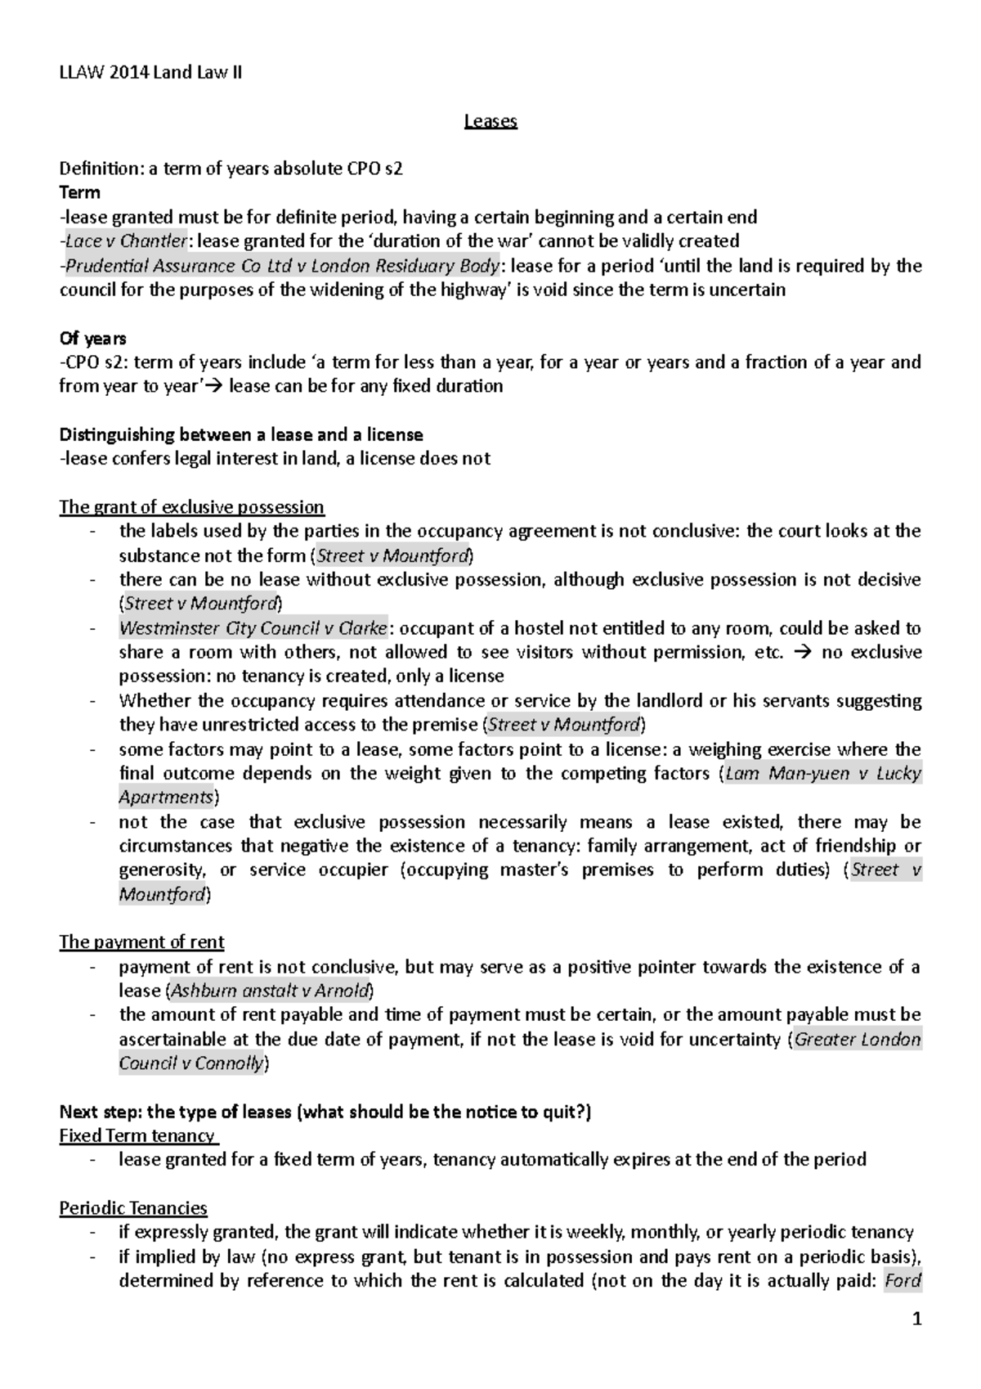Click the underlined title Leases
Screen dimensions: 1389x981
(x=490, y=122)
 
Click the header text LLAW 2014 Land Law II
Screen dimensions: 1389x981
(x=150, y=74)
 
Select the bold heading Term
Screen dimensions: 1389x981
(x=79, y=193)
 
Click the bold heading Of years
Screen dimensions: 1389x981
(x=92, y=339)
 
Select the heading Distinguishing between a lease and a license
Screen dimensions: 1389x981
(x=241, y=434)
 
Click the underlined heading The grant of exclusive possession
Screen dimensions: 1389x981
(x=191, y=507)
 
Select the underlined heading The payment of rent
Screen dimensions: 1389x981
(x=141, y=942)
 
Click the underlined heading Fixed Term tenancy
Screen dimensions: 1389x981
(x=137, y=1136)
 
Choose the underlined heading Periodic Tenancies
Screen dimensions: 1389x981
(x=133, y=1209)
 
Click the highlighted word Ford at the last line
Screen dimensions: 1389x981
(x=903, y=1281)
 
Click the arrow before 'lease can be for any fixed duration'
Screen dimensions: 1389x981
(x=217, y=386)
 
